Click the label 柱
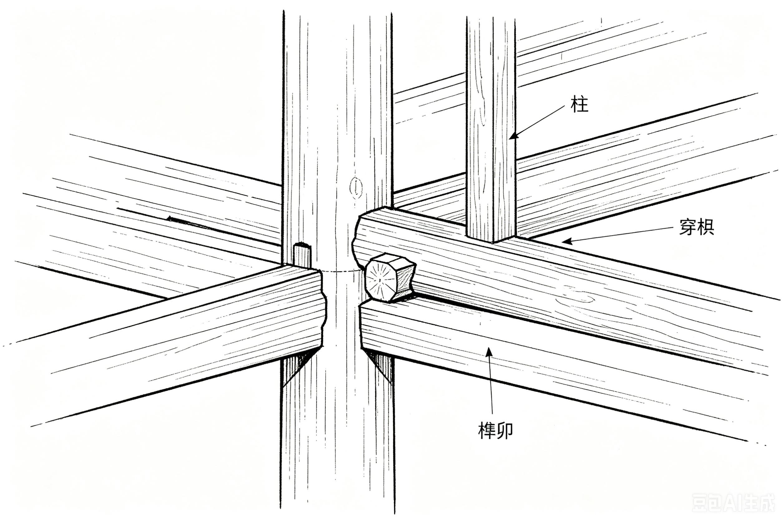[x=579, y=104]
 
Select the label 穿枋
[x=697, y=227]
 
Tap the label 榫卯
[x=495, y=431]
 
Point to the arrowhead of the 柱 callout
[x=514, y=135]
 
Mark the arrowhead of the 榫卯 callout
[x=489, y=351]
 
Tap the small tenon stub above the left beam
[x=302, y=256]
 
